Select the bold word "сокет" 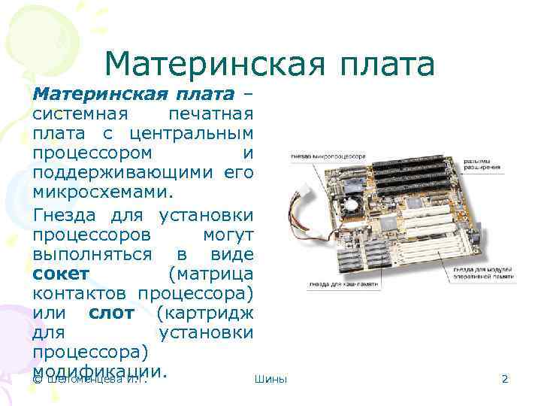pos(61,272)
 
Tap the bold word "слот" pos(112,311)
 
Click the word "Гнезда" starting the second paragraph pos(70,214)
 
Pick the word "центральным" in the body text pos(189,135)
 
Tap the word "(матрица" pos(211,272)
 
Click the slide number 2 pos(505,379)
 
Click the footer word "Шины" pos(270,379)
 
